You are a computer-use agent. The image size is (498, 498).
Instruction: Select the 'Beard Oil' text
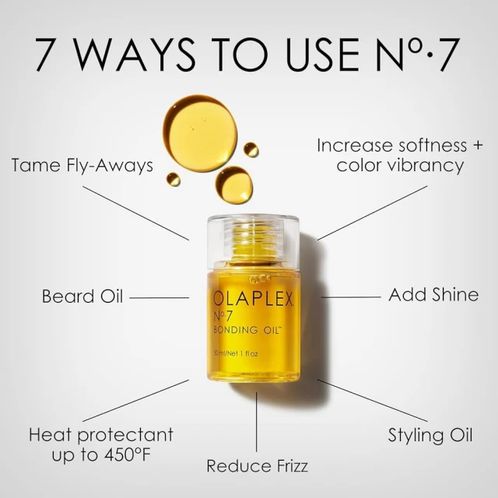[x=82, y=296]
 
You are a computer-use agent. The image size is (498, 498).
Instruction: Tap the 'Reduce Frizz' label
[x=257, y=466]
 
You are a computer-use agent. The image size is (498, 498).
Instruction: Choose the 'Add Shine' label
[x=433, y=296]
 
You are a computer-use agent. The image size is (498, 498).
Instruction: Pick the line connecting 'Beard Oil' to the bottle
[x=159, y=297]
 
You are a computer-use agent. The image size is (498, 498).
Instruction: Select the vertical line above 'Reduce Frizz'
[x=257, y=425]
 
